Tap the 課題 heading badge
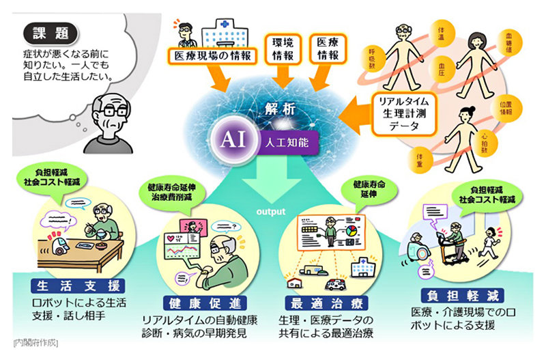click(x=51, y=33)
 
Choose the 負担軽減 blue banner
click(x=461, y=295)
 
